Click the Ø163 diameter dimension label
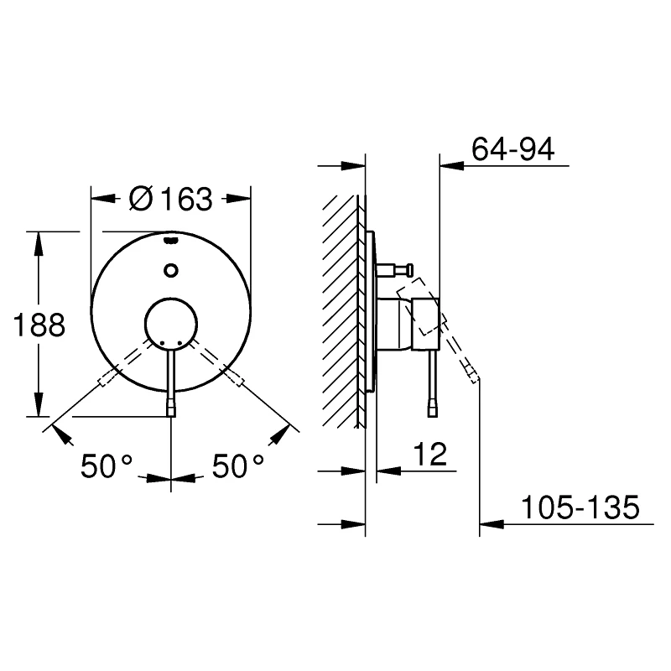pyautogui.click(x=171, y=200)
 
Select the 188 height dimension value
pyautogui.click(x=40, y=325)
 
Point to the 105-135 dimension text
pyautogui.click(x=580, y=507)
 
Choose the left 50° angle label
pyautogui.click(x=107, y=466)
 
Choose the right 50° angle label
pyautogui.click(x=238, y=466)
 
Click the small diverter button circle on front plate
pyautogui.click(x=171, y=270)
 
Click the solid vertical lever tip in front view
pyautogui.click(x=171, y=408)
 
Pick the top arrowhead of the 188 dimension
pyautogui.click(x=37, y=240)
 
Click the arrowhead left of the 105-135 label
pyautogui.click(x=490, y=525)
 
